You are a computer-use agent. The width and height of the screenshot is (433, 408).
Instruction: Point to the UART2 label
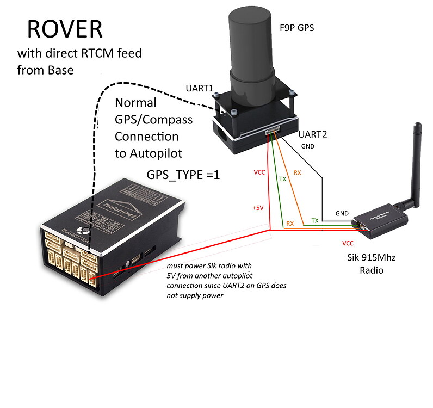(x=314, y=133)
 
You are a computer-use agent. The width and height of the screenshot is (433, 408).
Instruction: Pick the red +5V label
(x=258, y=208)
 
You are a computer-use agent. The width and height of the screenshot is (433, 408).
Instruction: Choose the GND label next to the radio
(x=342, y=213)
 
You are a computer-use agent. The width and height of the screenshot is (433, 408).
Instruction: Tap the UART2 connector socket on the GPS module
(x=273, y=131)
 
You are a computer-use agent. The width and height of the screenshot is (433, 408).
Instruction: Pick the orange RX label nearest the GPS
(x=298, y=174)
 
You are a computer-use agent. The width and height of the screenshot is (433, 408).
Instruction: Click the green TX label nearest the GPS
(x=283, y=179)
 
